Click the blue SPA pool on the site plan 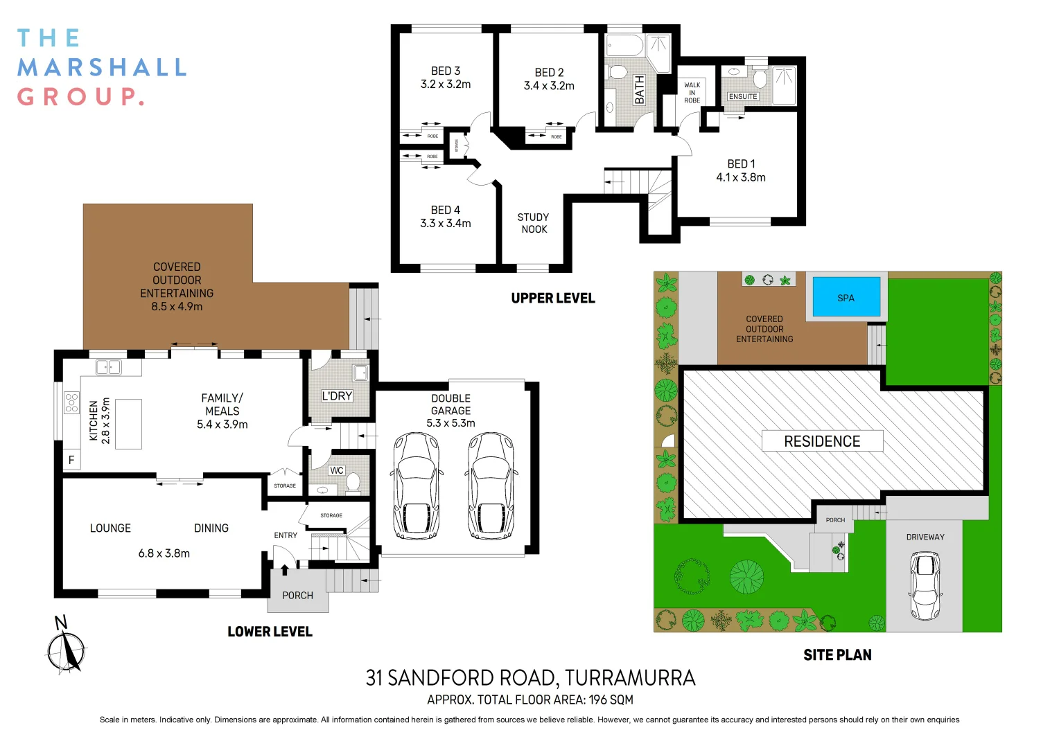(846, 298)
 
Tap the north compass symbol (66, 648)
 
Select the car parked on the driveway (925, 585)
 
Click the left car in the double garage (416, 486)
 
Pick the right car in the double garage (491, 486)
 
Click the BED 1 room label (741, 164)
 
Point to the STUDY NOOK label (533, 223)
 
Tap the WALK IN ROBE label (692, 93)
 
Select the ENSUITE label (743, 97)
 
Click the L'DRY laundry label (338, 396)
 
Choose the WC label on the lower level (337, 470)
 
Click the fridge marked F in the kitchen (71, 460)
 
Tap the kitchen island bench (128, 424)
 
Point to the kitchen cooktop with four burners (71, 402)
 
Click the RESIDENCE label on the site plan (822, 441)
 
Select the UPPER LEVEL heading (553, 299)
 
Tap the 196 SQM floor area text (611, 700)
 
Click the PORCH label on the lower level (297, 596)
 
